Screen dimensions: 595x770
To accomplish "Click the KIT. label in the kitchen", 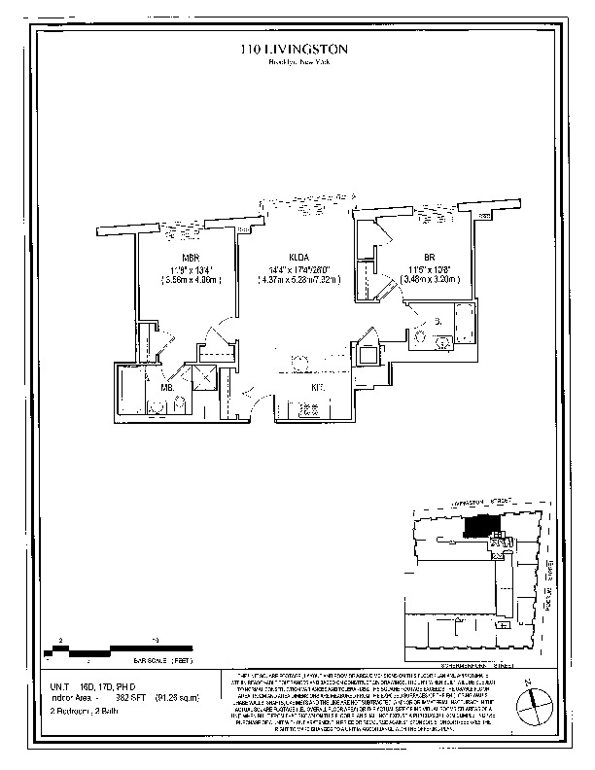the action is pos(317,388).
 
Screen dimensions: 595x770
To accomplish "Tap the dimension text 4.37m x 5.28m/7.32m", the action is pos(297,280).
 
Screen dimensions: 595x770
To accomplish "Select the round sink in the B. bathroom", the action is pos(420,337).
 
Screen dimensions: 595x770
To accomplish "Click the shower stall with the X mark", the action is pos(205,380).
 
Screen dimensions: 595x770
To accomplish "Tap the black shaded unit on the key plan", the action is pos(480,526).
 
